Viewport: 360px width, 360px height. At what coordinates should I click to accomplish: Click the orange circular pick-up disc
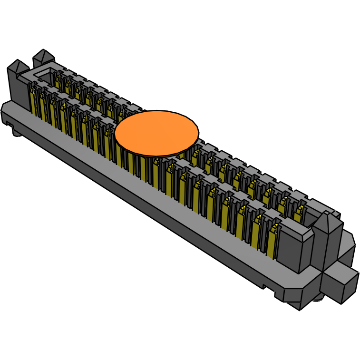(156, 133)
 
